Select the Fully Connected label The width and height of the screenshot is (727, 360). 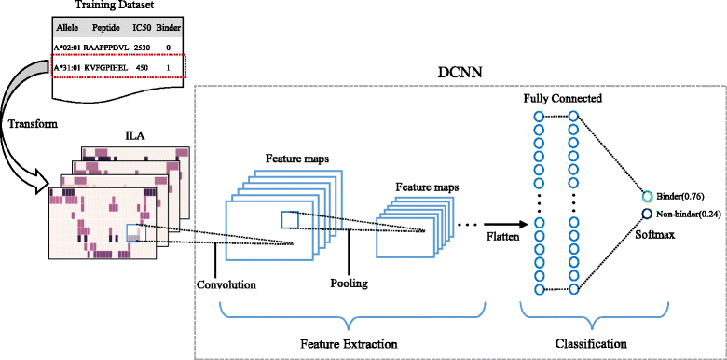pos(562,97)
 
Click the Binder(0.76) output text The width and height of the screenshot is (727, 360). pos(680,197)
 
